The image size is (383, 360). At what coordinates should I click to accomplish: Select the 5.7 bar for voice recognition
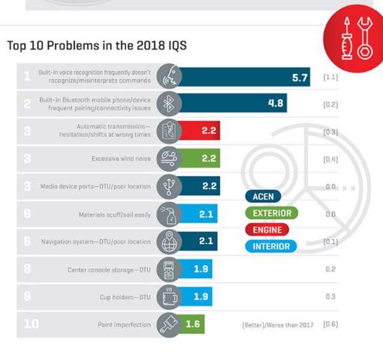(243, 77)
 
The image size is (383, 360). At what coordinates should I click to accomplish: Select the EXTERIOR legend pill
(271, 214)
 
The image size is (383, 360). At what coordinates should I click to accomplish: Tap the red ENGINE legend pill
(267, 230)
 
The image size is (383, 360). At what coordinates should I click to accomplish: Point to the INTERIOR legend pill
(271, 246)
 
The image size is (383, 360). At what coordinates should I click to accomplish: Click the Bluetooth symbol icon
(167, 103)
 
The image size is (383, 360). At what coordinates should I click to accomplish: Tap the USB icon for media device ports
(167, 186)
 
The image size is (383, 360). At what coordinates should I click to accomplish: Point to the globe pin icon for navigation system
(167, 241)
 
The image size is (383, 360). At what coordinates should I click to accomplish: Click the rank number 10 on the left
(30, 324)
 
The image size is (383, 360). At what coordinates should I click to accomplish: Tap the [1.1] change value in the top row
(330, 77)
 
